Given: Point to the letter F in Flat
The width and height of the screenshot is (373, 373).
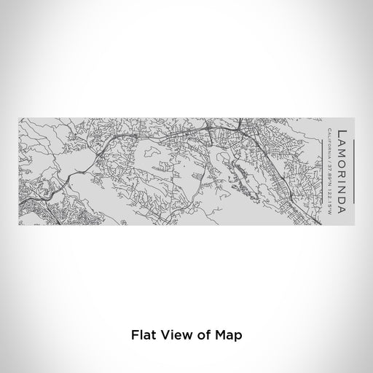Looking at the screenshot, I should pos(134,335).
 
